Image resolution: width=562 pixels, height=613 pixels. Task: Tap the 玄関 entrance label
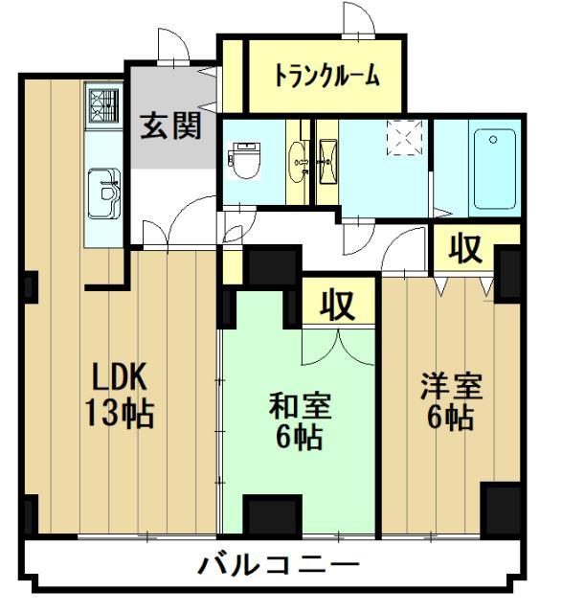172,125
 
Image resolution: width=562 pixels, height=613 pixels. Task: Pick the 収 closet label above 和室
337,305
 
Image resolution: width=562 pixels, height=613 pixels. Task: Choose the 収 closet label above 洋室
466,248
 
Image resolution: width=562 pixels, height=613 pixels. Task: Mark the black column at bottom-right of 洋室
502,508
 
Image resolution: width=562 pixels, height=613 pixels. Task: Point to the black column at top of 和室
272,267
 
